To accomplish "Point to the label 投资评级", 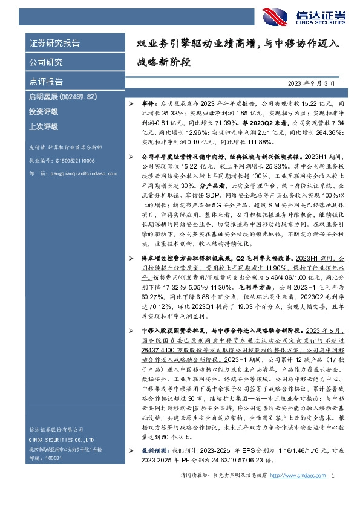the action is tap(42, 112).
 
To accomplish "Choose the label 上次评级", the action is tap(42, 126).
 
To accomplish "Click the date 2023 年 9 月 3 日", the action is tap(310, 83).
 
